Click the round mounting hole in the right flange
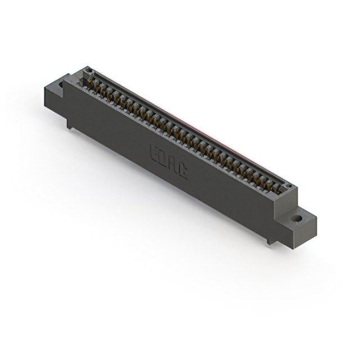click(x=296, y=217)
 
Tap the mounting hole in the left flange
click(x=61, y=85)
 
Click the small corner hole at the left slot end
click(x=88, y=71)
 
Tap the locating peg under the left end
click(x=70, y=124)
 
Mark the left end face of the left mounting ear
click(x=47, y=96)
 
